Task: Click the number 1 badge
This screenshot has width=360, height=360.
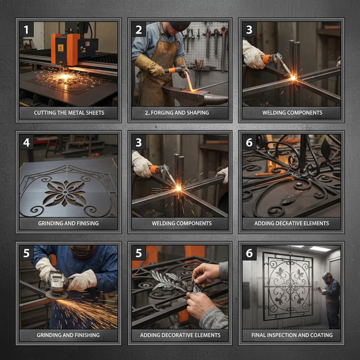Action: [26, 30]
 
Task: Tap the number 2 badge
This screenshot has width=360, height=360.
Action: [139, 30]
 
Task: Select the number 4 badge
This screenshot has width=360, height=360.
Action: [26, 142]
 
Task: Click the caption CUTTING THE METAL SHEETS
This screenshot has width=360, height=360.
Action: [69, 113]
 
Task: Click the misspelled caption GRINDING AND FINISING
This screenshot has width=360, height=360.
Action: [69, 223]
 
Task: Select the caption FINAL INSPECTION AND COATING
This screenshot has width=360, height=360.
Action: [292, 335]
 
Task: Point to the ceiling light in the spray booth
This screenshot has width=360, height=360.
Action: [320, 249]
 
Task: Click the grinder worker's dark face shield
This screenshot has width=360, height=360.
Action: [83, 251]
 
